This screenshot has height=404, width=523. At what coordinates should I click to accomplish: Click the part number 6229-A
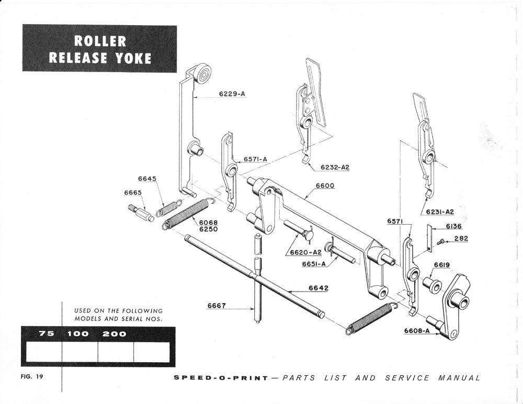coord(232,94)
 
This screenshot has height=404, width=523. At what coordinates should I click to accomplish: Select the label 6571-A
coord(255,159)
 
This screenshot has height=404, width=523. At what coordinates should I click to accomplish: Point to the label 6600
coord(325,186)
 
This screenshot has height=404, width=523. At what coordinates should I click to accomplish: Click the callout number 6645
coord(147,179)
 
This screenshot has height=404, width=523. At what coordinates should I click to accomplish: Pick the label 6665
coord(133,192)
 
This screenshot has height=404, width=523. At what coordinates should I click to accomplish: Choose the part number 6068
coord(208,222)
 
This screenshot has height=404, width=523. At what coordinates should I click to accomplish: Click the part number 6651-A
coord(314,264)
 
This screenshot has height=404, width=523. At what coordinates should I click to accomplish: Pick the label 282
coord(461,238)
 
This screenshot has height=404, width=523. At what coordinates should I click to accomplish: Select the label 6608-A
coord(417,330)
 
